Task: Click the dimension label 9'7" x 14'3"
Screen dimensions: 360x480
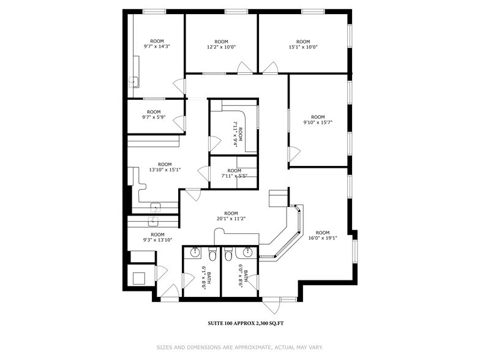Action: [x=157, y=47]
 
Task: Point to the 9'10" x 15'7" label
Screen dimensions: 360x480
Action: [x=317, y=122]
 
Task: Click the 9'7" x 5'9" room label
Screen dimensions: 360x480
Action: [x=154, y=118]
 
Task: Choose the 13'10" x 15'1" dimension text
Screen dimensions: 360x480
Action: [x=165, y=170]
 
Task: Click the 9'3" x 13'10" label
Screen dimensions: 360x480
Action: [x=157, y=240]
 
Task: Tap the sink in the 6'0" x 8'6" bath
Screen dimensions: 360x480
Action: [x=248, y=252]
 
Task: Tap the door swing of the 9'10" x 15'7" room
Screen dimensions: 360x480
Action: [x=294, y=154]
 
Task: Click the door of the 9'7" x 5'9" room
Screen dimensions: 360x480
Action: [x=179, y=123]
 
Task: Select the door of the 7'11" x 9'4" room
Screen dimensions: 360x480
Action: [x=214, y=144]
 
